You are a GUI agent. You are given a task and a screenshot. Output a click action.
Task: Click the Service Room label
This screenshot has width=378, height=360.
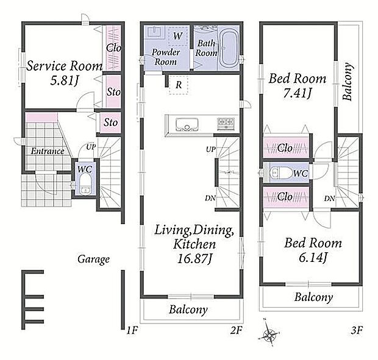(65, 66)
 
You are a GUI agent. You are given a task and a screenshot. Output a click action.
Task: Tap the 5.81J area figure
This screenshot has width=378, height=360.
(65, 80)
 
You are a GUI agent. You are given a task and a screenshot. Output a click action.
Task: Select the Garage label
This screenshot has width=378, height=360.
(93, 259)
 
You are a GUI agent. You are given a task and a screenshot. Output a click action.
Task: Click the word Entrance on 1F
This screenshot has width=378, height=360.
(48, 151)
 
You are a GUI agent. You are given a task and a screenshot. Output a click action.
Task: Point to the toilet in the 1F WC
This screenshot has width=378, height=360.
(85, 185)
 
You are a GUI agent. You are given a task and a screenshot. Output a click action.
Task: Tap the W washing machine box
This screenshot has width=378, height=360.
(178, 36)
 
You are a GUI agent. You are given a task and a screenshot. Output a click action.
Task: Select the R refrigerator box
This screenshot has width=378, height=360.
(179, 85)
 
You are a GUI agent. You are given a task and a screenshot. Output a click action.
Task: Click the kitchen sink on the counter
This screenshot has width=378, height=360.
(187, 124)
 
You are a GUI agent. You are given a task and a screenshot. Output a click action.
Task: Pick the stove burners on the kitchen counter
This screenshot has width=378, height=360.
(226, 124)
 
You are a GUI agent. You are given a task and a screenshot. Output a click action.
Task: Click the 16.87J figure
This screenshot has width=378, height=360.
(194, 259)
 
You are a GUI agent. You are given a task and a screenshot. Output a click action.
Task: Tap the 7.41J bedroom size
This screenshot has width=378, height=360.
(297, 93)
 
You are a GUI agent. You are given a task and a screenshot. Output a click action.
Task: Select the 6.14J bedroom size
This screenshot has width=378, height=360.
(313, 258)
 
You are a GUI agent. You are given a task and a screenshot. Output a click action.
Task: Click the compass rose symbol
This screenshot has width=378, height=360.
(268, 334)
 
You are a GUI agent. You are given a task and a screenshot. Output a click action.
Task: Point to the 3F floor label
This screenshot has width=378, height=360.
(357, 330)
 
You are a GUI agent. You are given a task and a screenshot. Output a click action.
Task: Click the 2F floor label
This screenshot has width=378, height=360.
(236, 330)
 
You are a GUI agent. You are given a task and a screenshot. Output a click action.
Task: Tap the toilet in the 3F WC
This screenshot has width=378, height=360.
(281, 172)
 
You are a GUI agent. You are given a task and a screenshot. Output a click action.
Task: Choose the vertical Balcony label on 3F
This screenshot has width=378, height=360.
(348, 82)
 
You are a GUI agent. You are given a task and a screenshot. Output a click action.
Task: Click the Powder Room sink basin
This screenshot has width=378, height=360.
(154, 32)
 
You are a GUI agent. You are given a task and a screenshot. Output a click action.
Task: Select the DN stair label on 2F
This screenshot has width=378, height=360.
(210, 198)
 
